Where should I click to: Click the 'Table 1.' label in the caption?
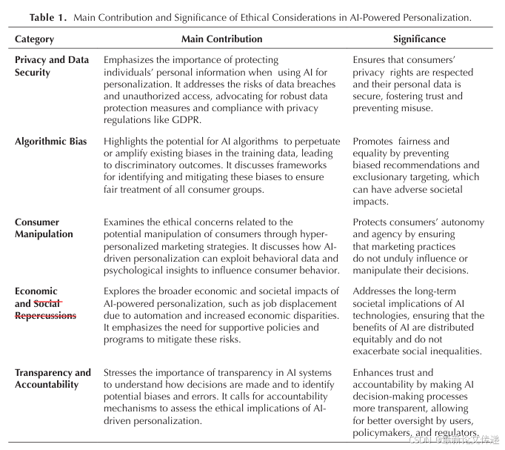click(x=51, y=17)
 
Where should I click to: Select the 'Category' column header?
click(x=34, y=39)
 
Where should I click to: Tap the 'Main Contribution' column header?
click(x=222, y=39)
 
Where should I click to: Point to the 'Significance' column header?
click(x=419, y=39)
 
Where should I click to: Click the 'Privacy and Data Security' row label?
click(x=52, y=66)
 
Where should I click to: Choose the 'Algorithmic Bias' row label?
click(x=50, y=142)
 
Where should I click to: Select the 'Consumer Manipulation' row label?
click(x=44, y=228)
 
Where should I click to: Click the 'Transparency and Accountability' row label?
click(x=53, y=379)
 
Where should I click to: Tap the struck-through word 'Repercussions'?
click(x=45, y=315)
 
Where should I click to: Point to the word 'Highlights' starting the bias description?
click(x=126, y=142)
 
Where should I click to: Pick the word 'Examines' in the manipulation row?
click(x=124, y=222)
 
